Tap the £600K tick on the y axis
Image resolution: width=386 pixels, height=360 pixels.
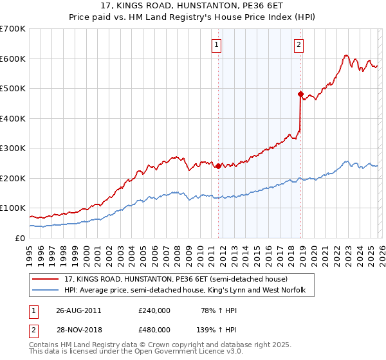tap(13, 59)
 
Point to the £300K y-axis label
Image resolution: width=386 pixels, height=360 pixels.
tap(13, 148)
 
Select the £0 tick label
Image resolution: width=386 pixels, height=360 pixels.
tap(20, 238)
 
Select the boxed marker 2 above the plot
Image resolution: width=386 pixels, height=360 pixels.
tap(300, 45)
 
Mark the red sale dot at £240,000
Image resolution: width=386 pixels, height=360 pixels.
tap(219, 166)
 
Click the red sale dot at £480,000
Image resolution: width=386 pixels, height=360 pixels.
tap(300, 94)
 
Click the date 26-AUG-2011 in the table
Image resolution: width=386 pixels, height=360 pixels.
tap(78, 310)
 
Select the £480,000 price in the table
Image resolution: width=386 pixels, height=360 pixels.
tap(154, 329)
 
